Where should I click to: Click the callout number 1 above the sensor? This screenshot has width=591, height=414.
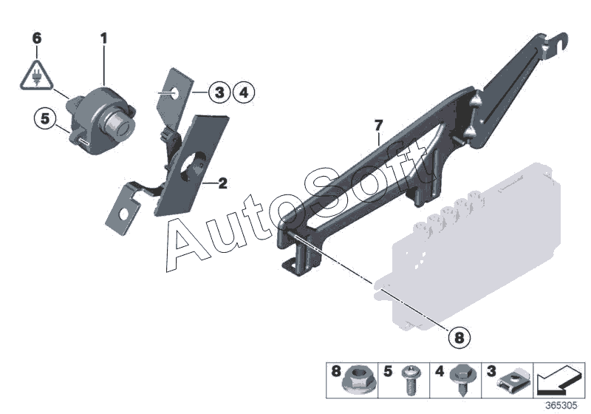104,36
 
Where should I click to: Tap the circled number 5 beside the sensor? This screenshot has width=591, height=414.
44,118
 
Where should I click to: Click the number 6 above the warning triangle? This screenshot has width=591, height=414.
37,36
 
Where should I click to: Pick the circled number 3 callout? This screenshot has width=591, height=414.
217,92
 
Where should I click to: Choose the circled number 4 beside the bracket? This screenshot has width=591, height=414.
242,92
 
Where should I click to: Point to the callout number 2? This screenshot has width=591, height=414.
222,183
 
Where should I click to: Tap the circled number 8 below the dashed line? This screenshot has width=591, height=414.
459,337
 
